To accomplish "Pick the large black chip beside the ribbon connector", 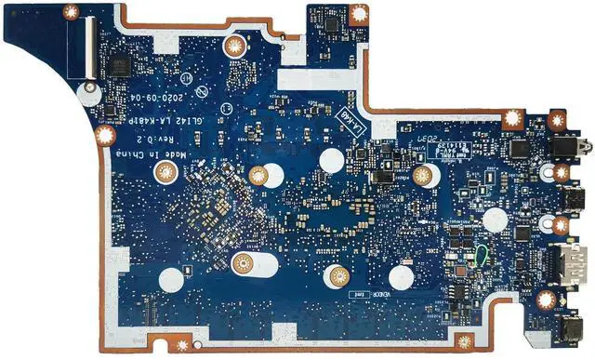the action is [118, 66].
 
